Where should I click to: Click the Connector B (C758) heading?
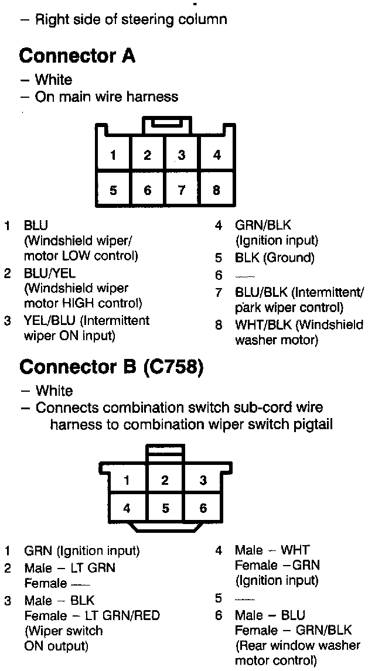(x=111, y=367)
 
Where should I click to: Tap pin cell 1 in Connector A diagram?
(x=113, y=156)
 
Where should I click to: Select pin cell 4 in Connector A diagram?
(x=217, y=156)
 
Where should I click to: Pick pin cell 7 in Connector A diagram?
(x=182, y=190)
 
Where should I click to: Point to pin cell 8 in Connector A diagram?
(x=217, y=190)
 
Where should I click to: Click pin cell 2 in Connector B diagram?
(x=165, y=481)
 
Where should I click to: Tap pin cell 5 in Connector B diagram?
(x=165, y=508)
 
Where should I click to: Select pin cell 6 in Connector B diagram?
(x=203, y=508)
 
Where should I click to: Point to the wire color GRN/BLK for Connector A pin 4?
(x=262, y=225)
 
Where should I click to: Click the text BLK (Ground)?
(x=274, y=258)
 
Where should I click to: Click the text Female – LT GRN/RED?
(x=91, y=615)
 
